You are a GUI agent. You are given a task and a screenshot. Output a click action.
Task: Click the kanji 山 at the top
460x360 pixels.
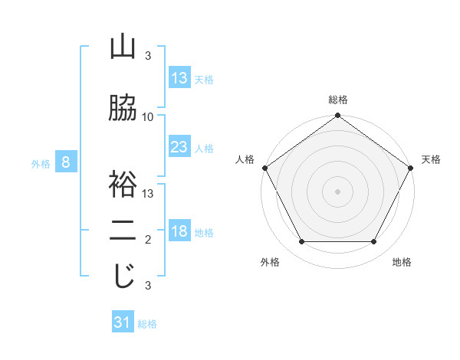click(123, 47)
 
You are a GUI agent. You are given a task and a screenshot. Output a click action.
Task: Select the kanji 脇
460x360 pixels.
click(123, 108)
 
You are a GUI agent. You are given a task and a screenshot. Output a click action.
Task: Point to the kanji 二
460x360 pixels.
click(123, 231)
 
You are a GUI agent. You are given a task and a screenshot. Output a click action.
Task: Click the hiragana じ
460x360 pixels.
click(123, 276)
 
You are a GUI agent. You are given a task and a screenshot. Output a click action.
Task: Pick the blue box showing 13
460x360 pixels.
click(179, 78)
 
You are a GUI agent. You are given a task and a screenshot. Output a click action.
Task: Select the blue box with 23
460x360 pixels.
click(179, 147)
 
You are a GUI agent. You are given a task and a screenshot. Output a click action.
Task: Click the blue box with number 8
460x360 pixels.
click(66, 162)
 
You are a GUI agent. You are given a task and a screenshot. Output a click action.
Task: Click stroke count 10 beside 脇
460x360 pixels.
click(148, 117)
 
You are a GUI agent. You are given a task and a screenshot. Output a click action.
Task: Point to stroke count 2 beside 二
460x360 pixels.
click(148, 240)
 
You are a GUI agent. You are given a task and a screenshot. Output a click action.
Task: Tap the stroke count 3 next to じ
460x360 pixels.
click(148, 286)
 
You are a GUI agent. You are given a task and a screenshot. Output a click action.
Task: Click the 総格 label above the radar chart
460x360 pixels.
click(338, 100)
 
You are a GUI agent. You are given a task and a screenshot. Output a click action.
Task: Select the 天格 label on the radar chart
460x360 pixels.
click(431, 159)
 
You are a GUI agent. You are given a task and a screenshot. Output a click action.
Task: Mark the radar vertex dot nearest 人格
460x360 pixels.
click(264, 168)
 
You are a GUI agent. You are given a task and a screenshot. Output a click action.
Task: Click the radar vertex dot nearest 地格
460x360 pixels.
click(374, 242)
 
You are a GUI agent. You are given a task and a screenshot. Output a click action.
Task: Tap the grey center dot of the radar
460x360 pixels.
click(337, 191)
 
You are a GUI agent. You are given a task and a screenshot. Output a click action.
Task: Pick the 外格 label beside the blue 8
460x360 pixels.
click(40, 163)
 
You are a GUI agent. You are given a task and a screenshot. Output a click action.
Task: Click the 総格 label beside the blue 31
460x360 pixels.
click(147, 324)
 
